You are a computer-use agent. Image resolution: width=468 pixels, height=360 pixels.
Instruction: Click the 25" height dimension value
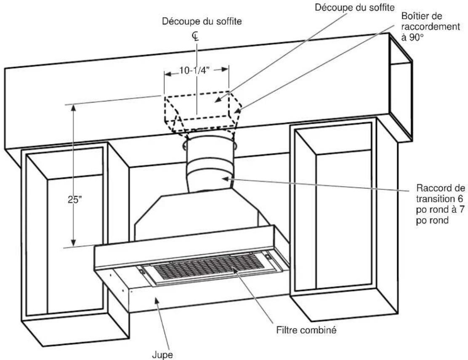tap(74, 199)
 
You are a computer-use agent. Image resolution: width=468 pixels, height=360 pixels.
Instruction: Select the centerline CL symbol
tap(196, 37)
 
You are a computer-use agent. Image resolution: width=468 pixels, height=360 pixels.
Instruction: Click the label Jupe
tap(162, 355)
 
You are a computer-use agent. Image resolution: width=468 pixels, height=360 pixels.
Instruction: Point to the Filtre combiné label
tap(306, 330)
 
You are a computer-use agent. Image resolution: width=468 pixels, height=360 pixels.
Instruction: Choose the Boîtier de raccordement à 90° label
tap(431, 26)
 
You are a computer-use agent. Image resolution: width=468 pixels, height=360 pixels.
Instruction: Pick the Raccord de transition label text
tap(441, 204)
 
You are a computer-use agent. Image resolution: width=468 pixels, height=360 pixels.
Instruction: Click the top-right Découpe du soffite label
tap(355, 7)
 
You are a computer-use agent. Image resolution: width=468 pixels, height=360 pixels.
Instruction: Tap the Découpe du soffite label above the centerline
tap(202, 21)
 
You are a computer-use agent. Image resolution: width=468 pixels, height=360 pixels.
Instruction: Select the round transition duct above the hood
tap(210, 164)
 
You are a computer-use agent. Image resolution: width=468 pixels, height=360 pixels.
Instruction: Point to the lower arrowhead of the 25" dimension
tap(72, 243)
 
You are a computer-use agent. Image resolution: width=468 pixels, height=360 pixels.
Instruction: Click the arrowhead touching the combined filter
tap(236, 270)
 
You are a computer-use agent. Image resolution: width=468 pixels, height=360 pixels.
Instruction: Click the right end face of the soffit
tap(401, 87)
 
